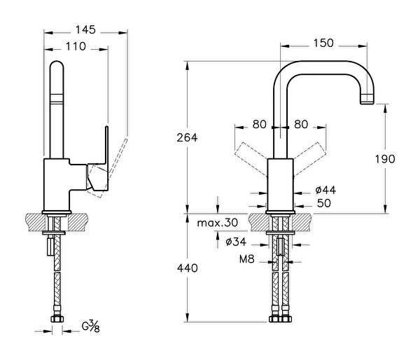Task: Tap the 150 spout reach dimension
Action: (323, 43)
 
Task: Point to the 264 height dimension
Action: (187, 137)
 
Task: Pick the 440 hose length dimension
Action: (187, 268)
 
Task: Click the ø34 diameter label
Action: (238, 242)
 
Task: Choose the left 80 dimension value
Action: (260, 125)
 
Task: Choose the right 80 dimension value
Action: (302, 125)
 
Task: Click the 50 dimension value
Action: (323, 204)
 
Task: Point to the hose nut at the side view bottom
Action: (55, 319)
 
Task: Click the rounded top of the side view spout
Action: (57, 67)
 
